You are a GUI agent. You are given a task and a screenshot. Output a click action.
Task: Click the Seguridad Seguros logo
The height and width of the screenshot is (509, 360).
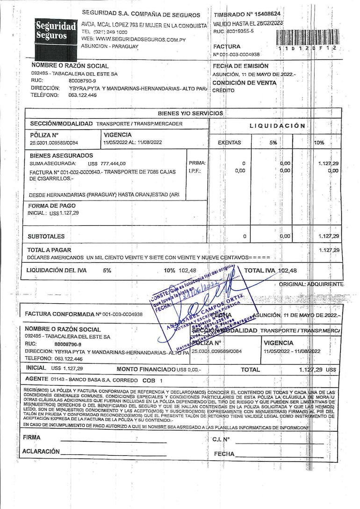pyautogui.click(x=56, y=32)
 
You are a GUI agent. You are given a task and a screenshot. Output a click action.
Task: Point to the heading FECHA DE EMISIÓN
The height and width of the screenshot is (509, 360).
pyautogui.click(x=240, y=66)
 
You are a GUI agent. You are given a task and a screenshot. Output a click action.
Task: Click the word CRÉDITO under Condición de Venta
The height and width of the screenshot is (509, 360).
pyautogui.click(x=223, y=91)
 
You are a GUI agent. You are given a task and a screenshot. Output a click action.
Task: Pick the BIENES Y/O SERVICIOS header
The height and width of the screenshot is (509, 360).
pyautogui.click(x=190, y=113)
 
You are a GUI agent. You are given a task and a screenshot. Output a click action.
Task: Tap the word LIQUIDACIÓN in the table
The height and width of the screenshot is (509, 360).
pyautogui.click(x=277, y=126)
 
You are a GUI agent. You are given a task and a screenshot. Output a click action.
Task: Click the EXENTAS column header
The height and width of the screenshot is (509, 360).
pyautogui.click(x=230, y=143)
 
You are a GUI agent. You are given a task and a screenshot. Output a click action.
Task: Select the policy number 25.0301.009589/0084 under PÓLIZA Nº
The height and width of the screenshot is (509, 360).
pyautogui.click(x=54, y=143)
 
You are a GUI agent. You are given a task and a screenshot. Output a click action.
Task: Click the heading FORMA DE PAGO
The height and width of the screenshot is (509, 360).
pyautogui.click(x=52, y=206)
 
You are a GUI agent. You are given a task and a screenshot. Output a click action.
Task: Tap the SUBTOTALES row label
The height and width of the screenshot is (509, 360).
pyautogui.click(x=46, y=237)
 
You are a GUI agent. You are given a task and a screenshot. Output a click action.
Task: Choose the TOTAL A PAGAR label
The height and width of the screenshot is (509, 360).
pyautogui.click(x=49, y=250)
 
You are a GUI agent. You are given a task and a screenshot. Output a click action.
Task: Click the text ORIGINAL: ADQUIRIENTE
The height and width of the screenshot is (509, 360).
pyautogui.click(x=311, y=284)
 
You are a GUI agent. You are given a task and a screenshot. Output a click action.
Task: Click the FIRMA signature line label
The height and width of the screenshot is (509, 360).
pyautogui.click(x=32, y=437)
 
